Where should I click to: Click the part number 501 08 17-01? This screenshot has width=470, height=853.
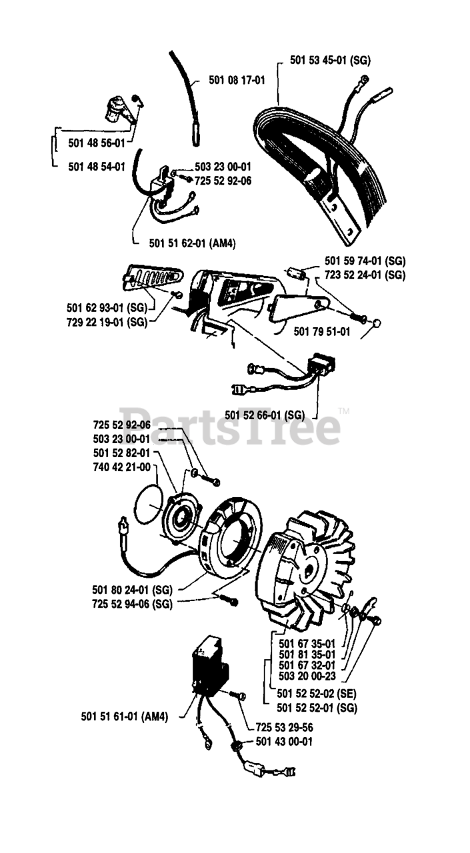tap(237, 81)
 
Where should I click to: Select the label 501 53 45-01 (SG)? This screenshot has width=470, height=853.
tap(330, 60)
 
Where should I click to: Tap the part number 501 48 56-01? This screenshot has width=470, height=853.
tap(96, 142)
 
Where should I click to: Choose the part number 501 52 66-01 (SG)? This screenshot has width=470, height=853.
tap(265, 415)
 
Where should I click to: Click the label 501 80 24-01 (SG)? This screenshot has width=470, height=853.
tap(132, 589)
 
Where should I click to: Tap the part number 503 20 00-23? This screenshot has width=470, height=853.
tap(307, 675)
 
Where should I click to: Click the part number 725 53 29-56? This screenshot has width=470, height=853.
tap(285, 727)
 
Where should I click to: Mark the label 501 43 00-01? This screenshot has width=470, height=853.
tap(284, 741)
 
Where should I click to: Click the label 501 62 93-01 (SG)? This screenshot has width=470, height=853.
tap(107, 307)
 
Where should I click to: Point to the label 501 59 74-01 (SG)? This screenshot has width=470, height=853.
tap(365, 261)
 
